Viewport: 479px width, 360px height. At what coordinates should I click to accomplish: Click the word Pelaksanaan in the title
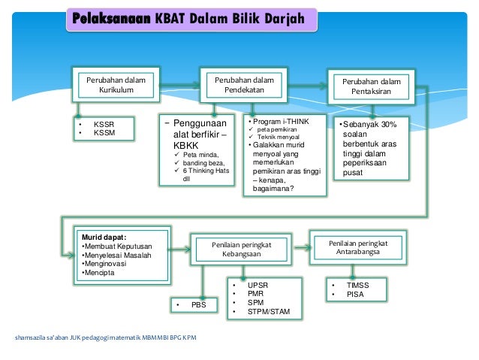pos(110,18)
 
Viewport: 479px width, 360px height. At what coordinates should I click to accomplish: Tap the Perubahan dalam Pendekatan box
pos(244,84)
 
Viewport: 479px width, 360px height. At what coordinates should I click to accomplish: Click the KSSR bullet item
pos(104,123)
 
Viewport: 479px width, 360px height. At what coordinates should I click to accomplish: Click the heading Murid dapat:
pos(104,237)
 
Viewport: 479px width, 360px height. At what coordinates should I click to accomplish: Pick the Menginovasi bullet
pos(105,265)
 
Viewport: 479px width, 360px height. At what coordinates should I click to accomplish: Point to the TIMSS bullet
pos(357,286)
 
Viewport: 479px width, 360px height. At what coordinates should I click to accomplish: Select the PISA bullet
pos(354,295)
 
